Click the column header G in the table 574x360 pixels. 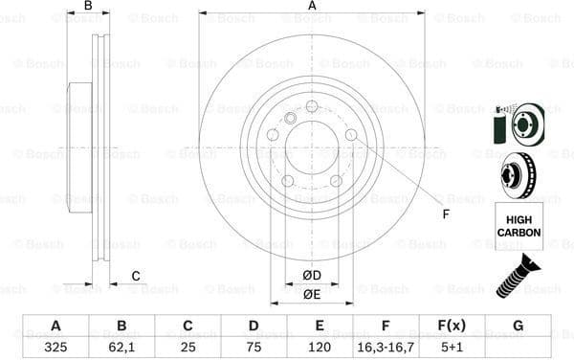pos(518,326)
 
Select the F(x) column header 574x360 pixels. pos(452,326)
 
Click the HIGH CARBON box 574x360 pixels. pos(518,226)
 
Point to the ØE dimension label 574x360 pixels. pos(311,295)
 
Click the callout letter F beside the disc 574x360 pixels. pos(446,213)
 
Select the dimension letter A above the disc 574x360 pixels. pos(312,7)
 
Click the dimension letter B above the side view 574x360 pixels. pos(88,7)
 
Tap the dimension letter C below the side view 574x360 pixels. pos(136,277)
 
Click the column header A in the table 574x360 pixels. pos(56,326)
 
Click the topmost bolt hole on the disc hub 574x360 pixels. pos(312,106)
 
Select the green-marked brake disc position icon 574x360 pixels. pos(518,123)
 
